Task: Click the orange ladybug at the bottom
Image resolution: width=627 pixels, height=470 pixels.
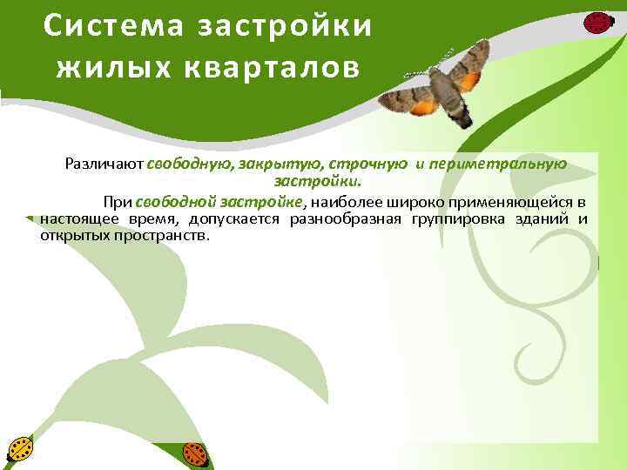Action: coord(195,453)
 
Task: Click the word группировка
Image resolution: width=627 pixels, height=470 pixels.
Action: coord(455,218)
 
